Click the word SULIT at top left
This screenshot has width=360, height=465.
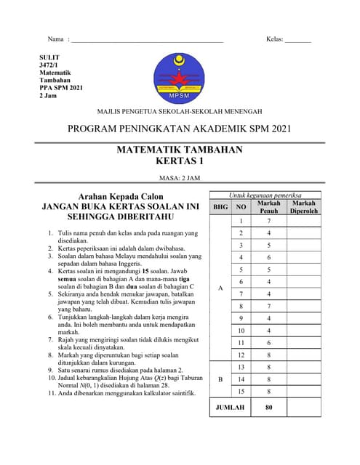point(49,57)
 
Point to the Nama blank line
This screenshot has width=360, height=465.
point(145,40)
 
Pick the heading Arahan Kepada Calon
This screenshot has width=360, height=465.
point(121,195)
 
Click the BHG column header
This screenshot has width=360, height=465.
point(220,207)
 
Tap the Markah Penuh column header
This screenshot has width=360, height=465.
point(269,207)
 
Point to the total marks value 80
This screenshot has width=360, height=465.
point(269,408)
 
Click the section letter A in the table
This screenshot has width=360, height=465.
point(220,288)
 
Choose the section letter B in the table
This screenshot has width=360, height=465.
point(220,379)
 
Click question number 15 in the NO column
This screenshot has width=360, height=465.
point(241,391)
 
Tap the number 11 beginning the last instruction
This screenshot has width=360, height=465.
point(52,393)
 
